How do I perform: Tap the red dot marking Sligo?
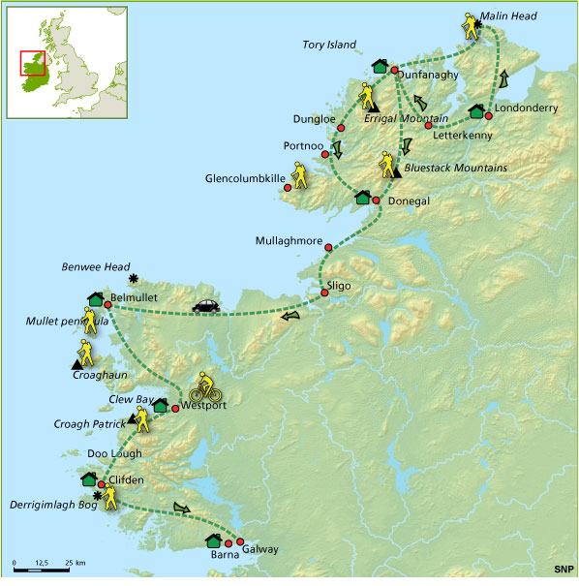pos(326,293)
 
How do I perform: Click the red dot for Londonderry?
pos(488,116)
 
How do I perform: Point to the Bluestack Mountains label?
pos(454,169)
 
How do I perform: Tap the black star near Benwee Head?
pos(133,279)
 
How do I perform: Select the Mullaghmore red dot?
pos(329,248)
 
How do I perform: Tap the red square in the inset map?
pos(33,63)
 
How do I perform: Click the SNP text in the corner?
pos(562,570)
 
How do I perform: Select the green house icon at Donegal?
pos(363,198)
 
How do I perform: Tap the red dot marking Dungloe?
pos(341,127)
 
